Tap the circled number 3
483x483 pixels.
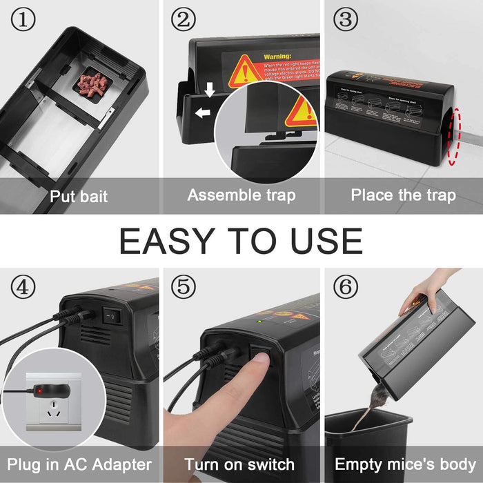pyautogui.click(x=345, y=20)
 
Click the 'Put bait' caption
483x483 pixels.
pyautogui.click(x=78, y=196)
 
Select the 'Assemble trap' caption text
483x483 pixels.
pyautogui.click(x=241, y=195)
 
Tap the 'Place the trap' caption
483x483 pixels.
pyautogui.click(x=403, y=195)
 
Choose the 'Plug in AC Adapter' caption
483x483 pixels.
pyautogui.click(x=79, y=464)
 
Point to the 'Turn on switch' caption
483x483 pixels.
pyautogui.click(x=241, y=464)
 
